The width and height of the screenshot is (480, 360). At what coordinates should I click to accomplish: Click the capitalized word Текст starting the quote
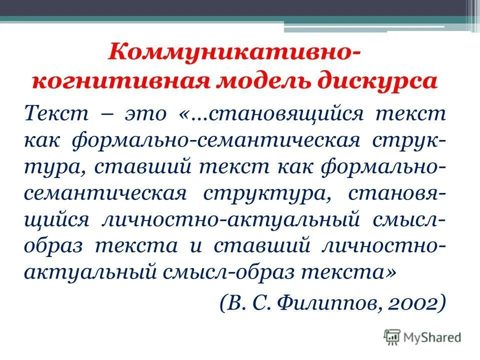[x=53, y=113]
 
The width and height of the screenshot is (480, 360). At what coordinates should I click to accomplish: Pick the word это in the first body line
[x=143, y=113]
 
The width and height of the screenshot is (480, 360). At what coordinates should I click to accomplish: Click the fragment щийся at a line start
[x=56, y=219]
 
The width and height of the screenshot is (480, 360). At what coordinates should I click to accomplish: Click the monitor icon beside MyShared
[x=392, y=336]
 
